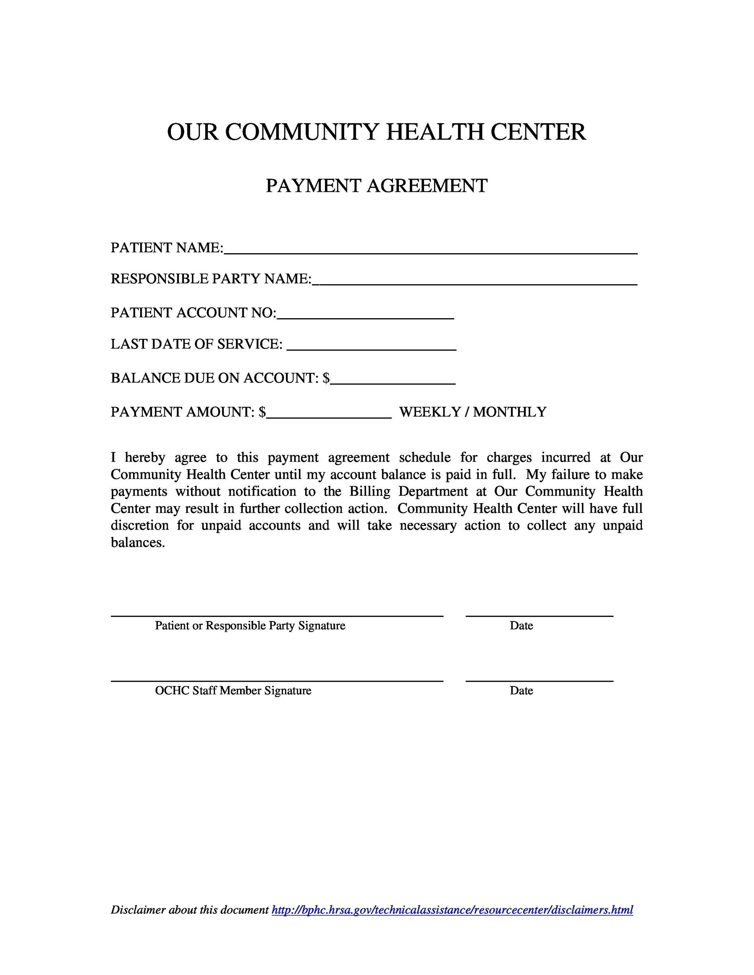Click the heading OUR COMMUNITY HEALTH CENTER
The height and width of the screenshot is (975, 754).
[x=376, y=132]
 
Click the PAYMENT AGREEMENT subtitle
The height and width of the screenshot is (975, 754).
[x=376, y=186]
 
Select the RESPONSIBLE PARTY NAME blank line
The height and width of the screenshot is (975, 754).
[x=475, y=281]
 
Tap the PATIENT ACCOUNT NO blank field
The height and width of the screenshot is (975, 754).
[x=365, y=315]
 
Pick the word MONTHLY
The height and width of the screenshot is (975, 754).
[x=510, y=411]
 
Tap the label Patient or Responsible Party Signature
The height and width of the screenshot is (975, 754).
[x=250, y=626]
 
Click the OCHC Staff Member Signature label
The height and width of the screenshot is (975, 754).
[x=233, y=691]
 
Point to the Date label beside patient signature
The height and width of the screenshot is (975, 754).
[x=521, y=626]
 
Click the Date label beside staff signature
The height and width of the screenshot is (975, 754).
[x=521, y=691]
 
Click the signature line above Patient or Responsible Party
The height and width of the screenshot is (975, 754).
[x=277, y=616]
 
